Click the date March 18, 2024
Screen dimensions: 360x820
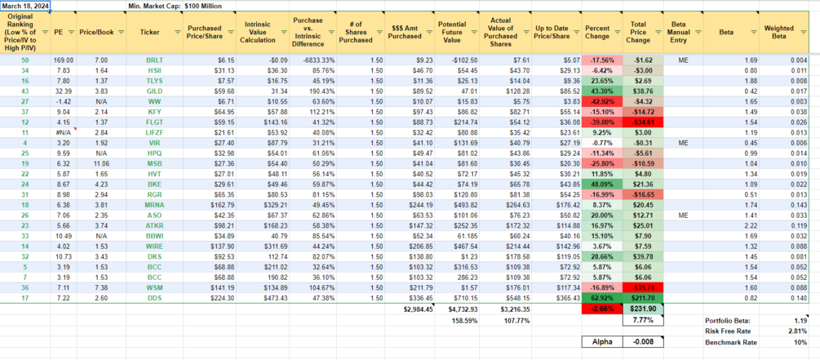[x=25, y=6]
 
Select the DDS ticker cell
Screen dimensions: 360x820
[x=154, y=299]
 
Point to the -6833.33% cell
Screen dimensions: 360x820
[x=308, y=60]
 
